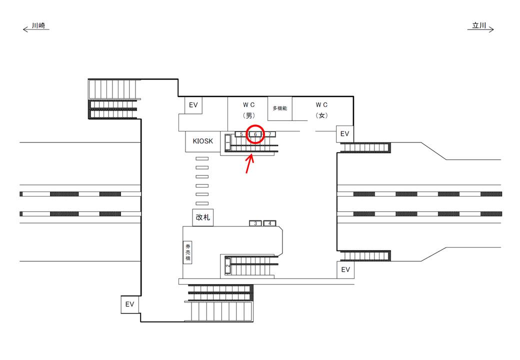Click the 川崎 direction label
tap(39, 25)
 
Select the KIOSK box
tap(202, 141)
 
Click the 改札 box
tap(203, 217)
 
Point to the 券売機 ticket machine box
tap(188, 252)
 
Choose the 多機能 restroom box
tap(280, 108)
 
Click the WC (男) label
tap(249, 109)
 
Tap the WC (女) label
tap(321, 109)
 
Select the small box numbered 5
tap(242, 134)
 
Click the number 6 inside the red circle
tap(255, 134)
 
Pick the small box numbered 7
tap(269, 134)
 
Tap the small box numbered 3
tap(255, 223)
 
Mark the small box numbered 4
tap(270, 223)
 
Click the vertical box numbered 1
tap(228, 144)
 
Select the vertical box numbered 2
tap(228, 266)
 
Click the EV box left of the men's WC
tap(193, 105)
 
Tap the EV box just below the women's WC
tap(344, 134)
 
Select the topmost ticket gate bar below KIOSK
tap(202, 158)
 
